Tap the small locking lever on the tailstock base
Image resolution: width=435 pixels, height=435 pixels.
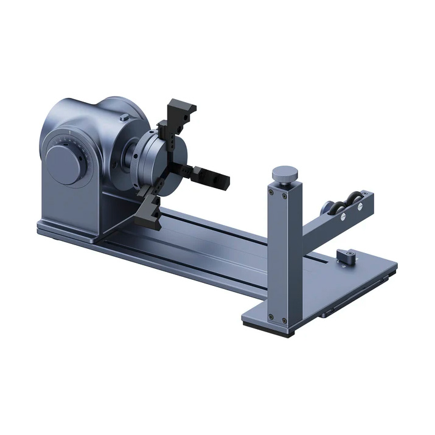pyautogui.click(x=347, y=256)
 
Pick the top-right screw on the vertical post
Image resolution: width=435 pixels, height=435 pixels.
pyautogui.click(x=287, y=196)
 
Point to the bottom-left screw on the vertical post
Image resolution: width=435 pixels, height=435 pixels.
pyautogui.click(x=270, y=315)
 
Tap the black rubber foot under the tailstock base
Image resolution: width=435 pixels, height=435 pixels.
pyautogui.click(x=268, y=329)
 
